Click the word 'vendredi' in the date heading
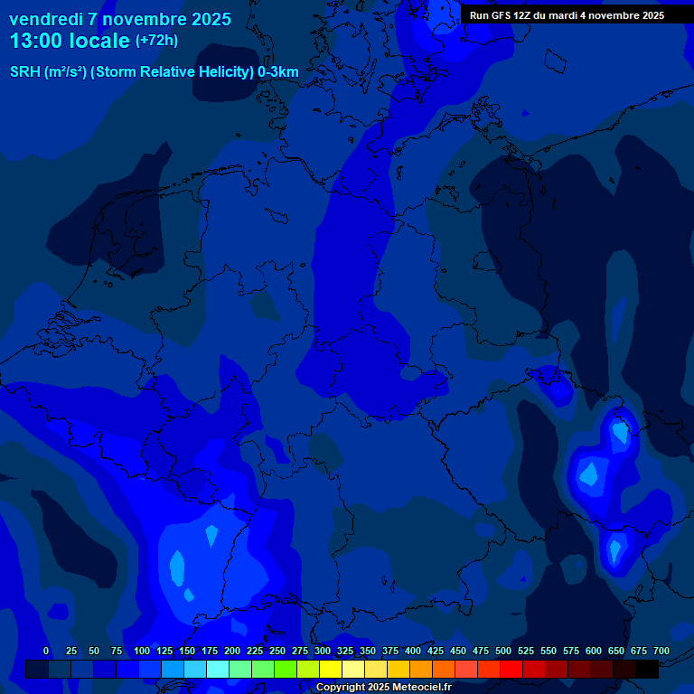click(x=46, y=19)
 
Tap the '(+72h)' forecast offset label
click(x=156, y=41)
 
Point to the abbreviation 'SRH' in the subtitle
click(x=25, y=72)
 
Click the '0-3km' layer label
click(x=277, y=72)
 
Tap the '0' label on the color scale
click(x=46, y=651)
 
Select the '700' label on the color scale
click(x=661, y=651)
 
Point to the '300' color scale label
click(x=323, y=651)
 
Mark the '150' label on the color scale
click(x=187, y=651)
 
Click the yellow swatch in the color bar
click(x=331, y=670)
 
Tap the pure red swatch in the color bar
click(x=511, y=670)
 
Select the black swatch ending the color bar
click(x=647, y=670)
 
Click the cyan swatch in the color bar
click(x=218, y=670)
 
